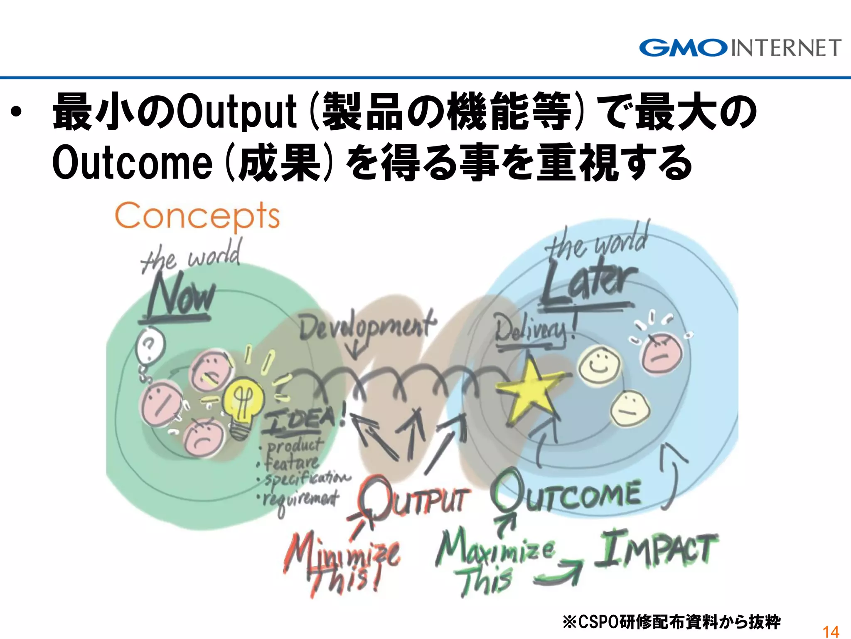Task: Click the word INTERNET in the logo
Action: [786, 48]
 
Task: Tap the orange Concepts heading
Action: [197, 216]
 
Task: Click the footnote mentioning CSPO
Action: [671, 622]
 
